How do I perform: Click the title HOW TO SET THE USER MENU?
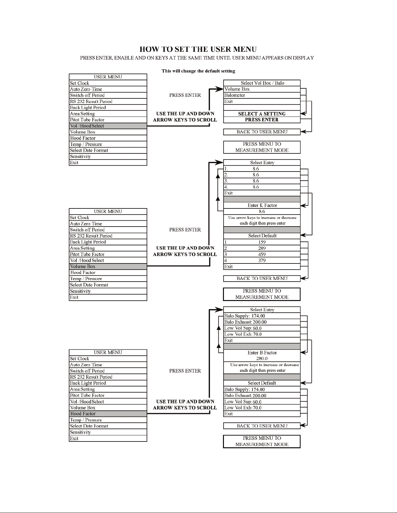(x=198, y=50)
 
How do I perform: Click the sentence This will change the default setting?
(x=198, y=71)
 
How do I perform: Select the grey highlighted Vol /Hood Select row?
(x=108, y=126)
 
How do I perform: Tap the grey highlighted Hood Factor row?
(x=108, y=414)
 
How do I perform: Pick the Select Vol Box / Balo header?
(x=262, y=83)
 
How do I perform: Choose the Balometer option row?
(x=262, y=95)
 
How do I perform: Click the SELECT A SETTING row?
(x=262, y=114)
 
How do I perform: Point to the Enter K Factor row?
(x=262, y=205)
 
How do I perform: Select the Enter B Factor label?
(x=262, y=353)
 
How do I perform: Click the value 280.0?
(x=262, y=359)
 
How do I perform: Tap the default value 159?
(x=262, y=242)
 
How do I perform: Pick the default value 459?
(x=262, y=254)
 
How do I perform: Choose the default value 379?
(x=262, y=260)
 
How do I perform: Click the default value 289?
(x=262, y=248)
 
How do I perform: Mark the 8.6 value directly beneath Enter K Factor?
(x=262, y=211)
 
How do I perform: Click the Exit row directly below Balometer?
(x=262, y=101)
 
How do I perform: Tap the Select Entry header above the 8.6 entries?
(x=262, y=163)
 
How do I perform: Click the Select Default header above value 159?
(x=262, y=236)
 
